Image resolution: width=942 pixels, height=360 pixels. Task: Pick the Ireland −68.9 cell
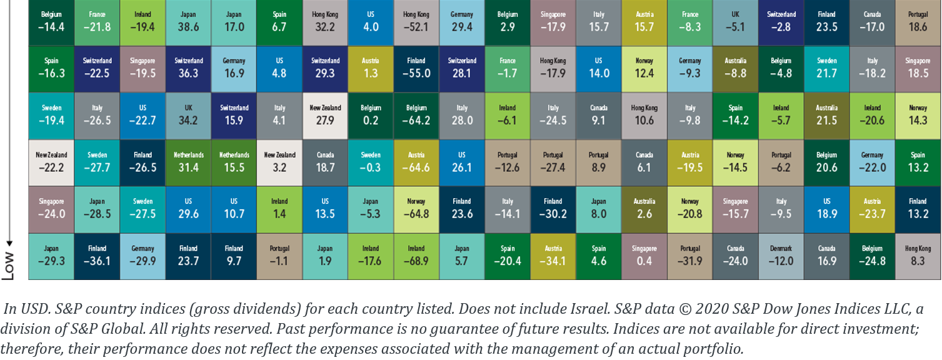pos(416,256)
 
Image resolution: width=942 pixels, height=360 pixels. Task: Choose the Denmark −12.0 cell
pos(781,256)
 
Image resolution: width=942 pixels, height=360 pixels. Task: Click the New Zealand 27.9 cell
pos(325,115)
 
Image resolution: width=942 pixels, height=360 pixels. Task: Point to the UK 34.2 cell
pos(188,115)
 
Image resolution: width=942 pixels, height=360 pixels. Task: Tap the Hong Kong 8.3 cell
pos(918,256)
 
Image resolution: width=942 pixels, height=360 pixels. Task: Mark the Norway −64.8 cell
pos(416,209)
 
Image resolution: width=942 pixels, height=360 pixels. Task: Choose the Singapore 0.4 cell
pos(644,256)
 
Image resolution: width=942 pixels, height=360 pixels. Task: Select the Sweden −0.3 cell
pos(370,162)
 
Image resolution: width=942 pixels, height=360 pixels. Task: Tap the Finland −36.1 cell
pos(98,256)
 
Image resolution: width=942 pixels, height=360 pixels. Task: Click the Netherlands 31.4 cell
pos(188,162)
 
